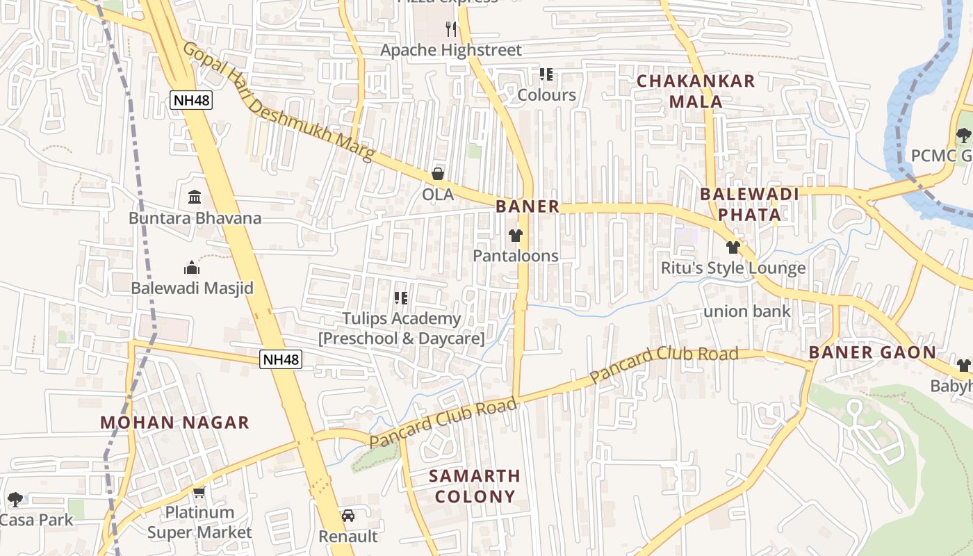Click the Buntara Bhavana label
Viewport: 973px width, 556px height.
click(x=195, y=218)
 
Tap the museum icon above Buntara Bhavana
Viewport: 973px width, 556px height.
click(x=195, y=197)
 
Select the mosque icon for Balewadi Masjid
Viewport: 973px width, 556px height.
click(x=192, y=268)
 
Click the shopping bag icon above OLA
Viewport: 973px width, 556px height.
click(x=438, y=174)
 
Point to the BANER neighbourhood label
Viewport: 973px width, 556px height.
click(x=528, y=206)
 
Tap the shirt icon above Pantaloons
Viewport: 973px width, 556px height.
click(x=516, y=236)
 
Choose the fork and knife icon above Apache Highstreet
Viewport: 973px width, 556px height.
click(x=451, y=28)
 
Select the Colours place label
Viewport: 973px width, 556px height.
click(x=547, y=95)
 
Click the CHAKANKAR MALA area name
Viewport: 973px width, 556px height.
click(x=696, y=91)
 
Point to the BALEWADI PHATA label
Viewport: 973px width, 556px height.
click(x=750, y=204)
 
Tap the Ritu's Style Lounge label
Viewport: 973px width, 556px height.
click(x=733, y=268)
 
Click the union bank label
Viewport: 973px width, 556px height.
click(x=747, y=311)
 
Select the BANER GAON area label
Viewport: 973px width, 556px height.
click(x=872, y=352)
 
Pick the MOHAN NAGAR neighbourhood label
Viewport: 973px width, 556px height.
click(x=174, y=423)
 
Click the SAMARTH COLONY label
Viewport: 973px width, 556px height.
click(x=475, y=486)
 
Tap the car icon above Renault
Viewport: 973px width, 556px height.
click(x=348, y=516)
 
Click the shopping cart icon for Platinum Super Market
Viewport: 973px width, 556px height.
click(x=199, y=493)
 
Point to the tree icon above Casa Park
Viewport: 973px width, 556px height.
click(x=15, y=499)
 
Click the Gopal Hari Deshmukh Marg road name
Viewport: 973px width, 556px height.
click(x=278, y=101)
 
